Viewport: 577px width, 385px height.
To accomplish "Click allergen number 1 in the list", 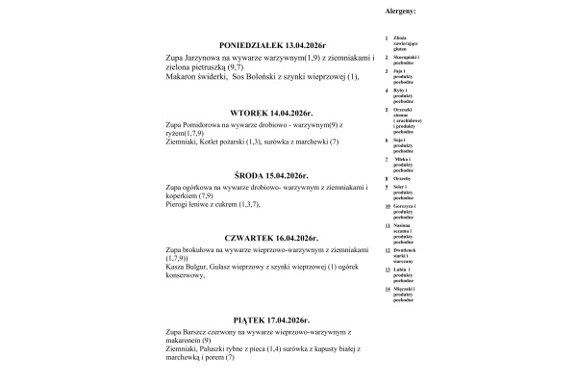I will [386, 38].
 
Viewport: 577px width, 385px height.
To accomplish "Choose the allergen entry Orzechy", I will [402, 179].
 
